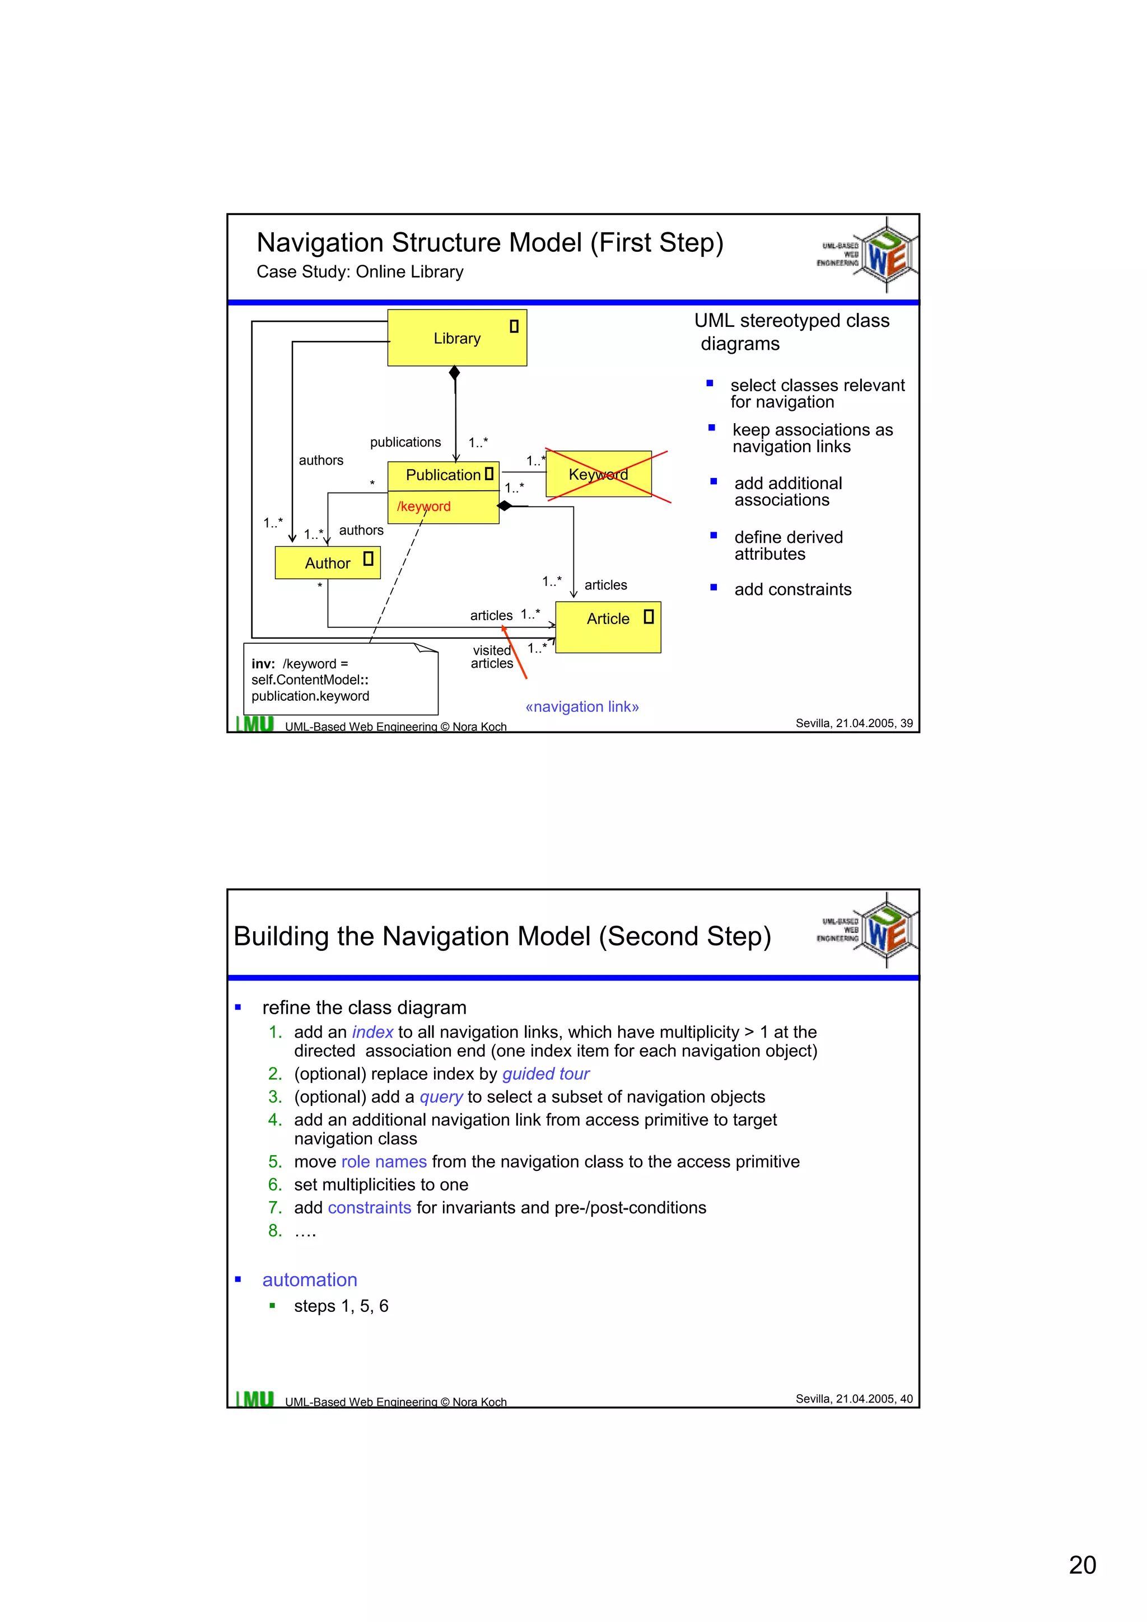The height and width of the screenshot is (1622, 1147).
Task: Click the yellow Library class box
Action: coord(456,337)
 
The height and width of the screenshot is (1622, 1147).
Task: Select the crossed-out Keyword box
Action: coord(599,474)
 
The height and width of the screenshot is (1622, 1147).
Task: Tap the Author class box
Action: coord(327,563)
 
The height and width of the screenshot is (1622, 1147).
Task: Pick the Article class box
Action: coord(608,627)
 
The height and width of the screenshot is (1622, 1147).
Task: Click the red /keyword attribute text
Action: coord(423,507)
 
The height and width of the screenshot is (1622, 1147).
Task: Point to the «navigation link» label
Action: coord(582,706)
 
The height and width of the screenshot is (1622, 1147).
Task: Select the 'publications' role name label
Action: coord(405,442)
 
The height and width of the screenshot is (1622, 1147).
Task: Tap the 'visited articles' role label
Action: coord(492,657)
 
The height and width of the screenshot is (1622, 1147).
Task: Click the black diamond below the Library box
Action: coord(454,372)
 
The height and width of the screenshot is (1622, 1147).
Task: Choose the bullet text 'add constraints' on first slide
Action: coord(792,589)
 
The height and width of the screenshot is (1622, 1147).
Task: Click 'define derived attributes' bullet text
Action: coord(788,545)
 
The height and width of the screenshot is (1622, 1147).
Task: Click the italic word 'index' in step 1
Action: coord(372,1032)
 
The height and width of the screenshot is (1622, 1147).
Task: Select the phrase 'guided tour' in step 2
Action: coord(545,1074)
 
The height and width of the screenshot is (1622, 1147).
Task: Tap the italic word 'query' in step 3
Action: coord(441,1097)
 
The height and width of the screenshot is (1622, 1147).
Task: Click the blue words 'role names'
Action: coord(384,1162)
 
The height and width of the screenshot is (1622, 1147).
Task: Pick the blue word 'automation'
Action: coord(310,1280)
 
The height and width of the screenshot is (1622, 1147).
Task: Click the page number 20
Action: coord(1082,1565)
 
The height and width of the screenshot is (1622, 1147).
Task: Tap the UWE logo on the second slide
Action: coord(886,930)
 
